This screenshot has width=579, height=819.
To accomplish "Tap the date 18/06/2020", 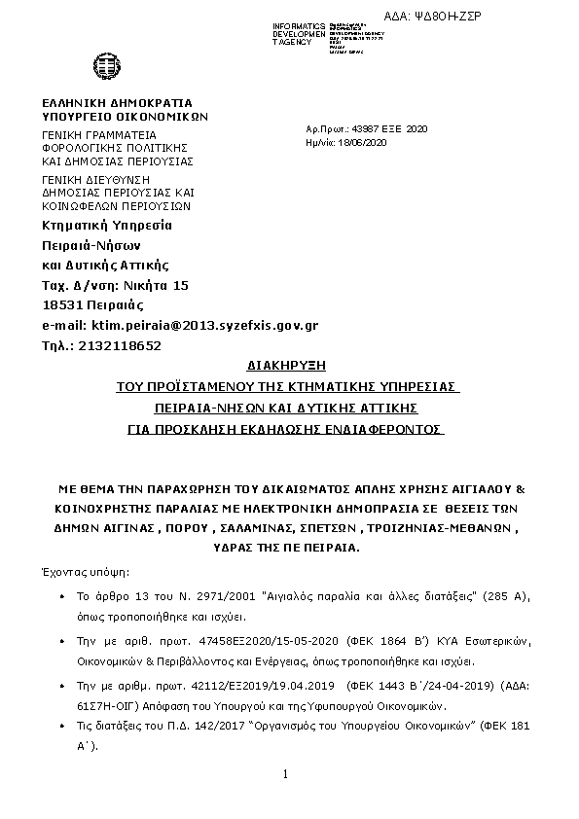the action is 355,143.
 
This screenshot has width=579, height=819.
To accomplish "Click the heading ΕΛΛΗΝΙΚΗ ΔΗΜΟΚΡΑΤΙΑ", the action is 117,103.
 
